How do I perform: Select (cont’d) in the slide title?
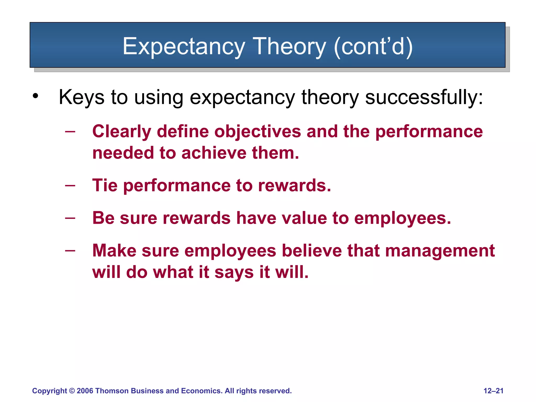tap(373, 47)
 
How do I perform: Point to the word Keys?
tap(81, 97)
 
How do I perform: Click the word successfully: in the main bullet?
tap(424, 97)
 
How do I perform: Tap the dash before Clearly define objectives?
tap(70, 131)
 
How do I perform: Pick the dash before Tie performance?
tap(70, 186)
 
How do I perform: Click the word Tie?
tap(105, 186)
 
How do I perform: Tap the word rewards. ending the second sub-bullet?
tap(294, 186)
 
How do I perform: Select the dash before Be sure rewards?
tap(70, 218)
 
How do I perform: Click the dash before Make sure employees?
tap(70, 250)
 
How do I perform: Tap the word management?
tap(440, 251)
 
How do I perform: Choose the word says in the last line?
tap(234, 272)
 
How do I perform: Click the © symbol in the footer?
tap(72, 391)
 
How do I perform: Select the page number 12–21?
tap(493, 391)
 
